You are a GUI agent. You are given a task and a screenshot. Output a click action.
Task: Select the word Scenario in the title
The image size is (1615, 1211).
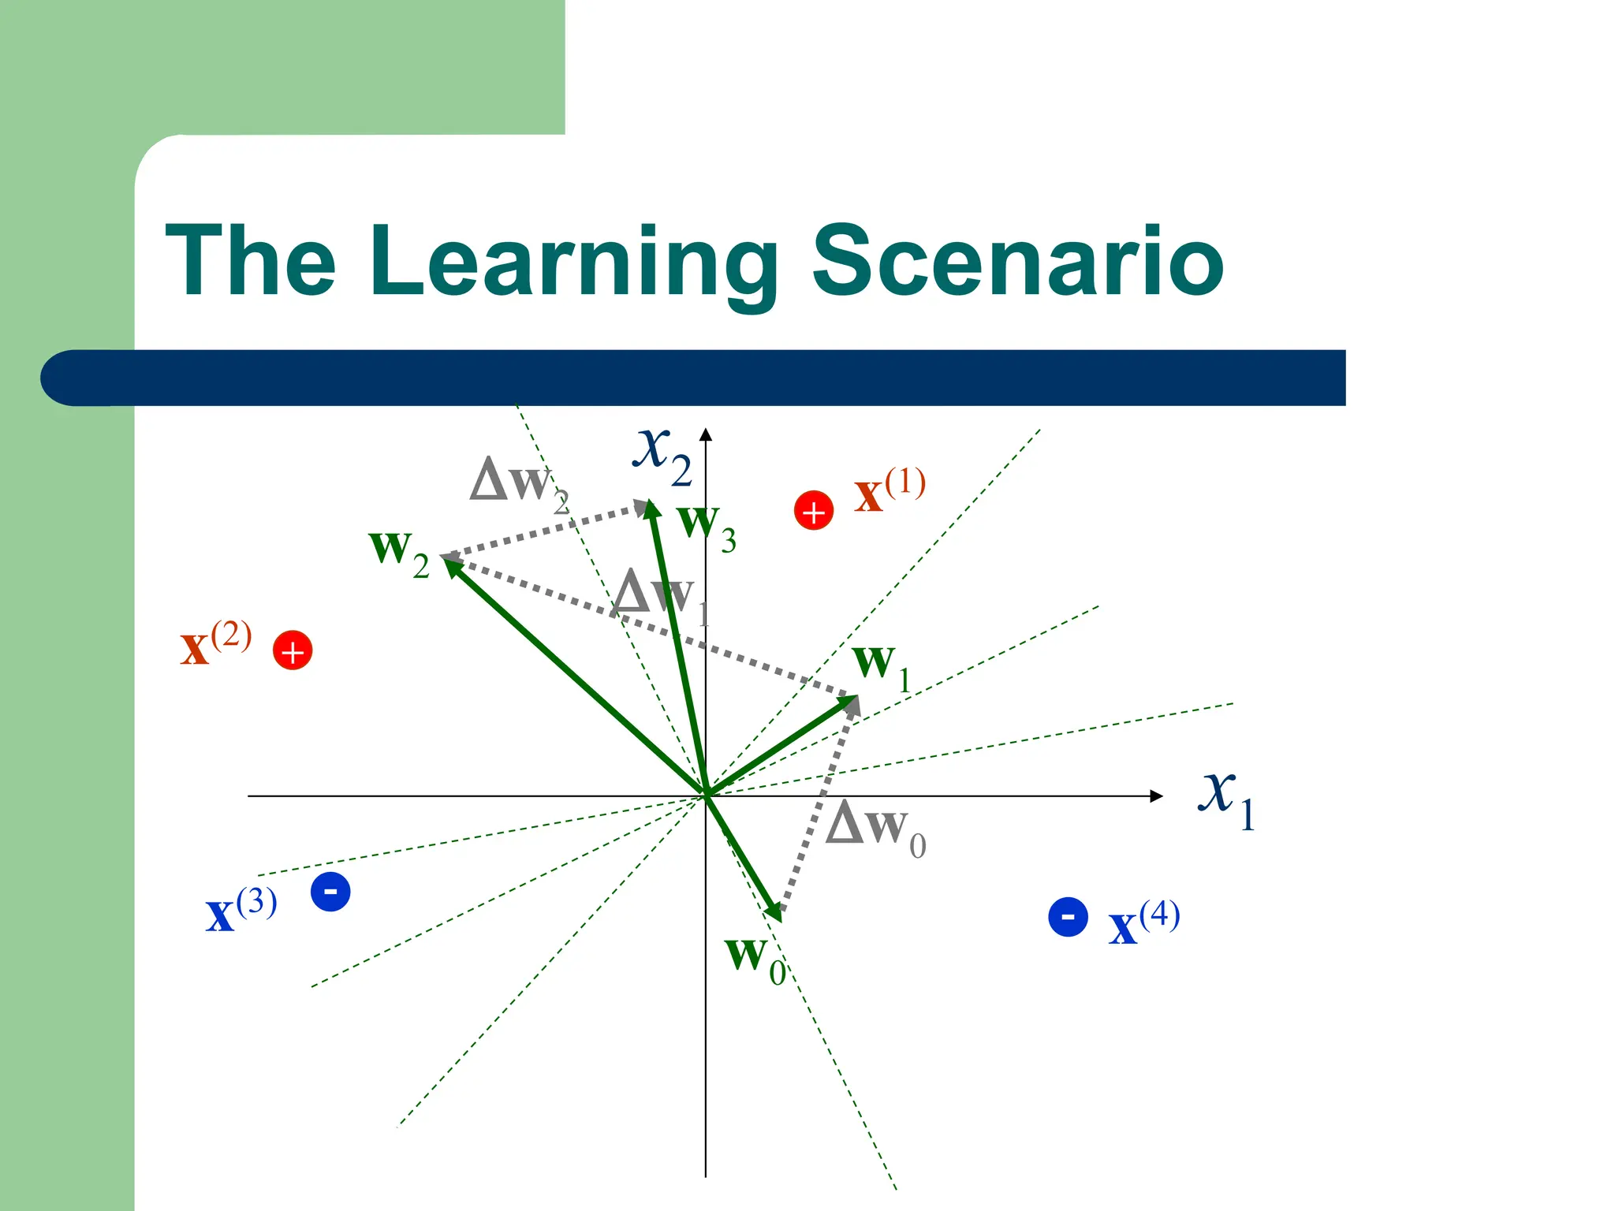tap(1017, 262)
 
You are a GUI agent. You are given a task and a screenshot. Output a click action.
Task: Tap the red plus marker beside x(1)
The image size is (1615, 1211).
tap(814, 511)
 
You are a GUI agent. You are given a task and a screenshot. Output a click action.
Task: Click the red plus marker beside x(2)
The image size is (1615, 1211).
tap(293, 650)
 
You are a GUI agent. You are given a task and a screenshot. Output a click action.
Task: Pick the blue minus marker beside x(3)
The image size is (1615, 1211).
tap(330, 892)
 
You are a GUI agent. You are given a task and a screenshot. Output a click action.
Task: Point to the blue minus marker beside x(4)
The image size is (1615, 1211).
tap(1068, 917)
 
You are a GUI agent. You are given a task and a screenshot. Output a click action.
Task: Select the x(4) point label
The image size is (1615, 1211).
tap(1143, 922)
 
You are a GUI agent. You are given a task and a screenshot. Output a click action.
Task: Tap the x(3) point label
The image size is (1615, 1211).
tap(241, 911)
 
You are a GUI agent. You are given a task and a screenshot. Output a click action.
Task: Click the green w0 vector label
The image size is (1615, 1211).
tap(755, 958)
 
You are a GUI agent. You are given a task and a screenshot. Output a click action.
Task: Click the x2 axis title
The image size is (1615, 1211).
tap(662, 453)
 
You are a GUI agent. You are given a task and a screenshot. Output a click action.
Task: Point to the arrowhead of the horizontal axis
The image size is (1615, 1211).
tap(1157, 796)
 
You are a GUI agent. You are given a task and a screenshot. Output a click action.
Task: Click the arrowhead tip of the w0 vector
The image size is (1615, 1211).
tap(779, 918)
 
